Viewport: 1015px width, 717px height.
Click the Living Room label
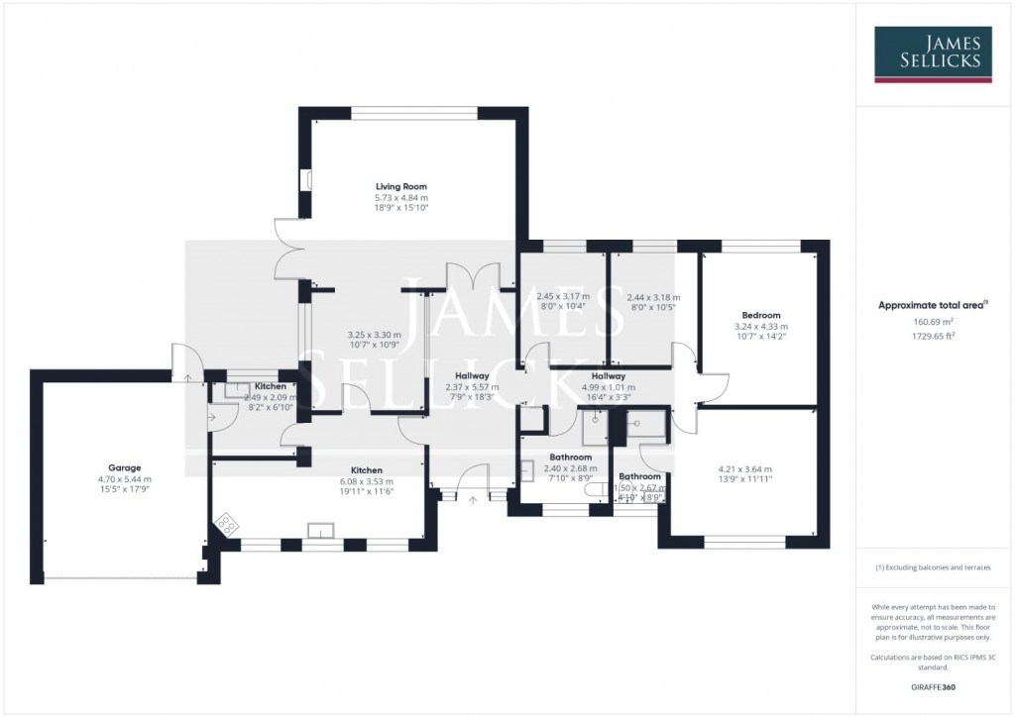click(x=400, y=186)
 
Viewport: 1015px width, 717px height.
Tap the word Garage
click(x=125, y=467)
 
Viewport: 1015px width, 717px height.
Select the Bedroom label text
click(x=760, y=315)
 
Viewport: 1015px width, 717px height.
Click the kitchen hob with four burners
click(x=226, y=525)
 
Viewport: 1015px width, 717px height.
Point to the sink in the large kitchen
click(x=320, y=530)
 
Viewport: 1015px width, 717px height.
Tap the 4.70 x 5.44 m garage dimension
click(x=125, y=479)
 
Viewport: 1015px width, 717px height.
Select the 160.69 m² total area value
click(x=932, y=322)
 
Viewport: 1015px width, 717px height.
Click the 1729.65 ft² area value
click(x=932, y=336)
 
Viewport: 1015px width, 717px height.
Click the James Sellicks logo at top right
click(x=932, y=53)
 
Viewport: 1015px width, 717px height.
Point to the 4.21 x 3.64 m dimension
click(x=744, y=469)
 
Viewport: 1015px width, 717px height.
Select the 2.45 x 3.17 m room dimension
click(x=562, y=296)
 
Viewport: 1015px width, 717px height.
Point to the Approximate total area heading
click(x=932, y=306)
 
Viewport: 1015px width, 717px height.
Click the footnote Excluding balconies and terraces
click(x=932, y=567)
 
